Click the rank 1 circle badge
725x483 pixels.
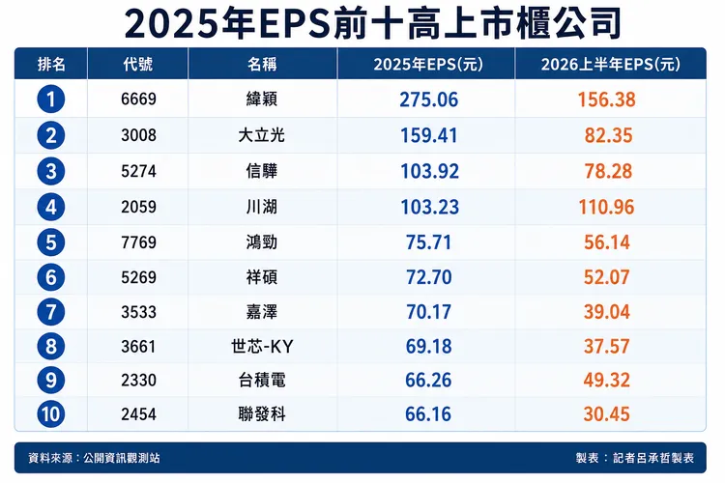[51, 99]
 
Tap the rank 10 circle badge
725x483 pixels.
[51, 413]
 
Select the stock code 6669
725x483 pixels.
[138, 99]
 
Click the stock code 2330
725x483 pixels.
[138, 380]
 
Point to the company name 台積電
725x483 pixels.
[262, 380]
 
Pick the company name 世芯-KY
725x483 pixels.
[262, 346]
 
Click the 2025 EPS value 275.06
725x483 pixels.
[428, 99]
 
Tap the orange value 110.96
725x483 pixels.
[607, 207]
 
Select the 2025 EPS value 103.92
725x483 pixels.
[429, 172]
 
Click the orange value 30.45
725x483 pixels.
[607, 414]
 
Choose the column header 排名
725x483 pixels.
[51, 64]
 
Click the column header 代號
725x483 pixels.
[138, 64]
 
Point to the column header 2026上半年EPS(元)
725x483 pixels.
[610, 65]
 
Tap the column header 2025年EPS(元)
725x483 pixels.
[428, 65]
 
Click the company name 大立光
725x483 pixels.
[262, 135]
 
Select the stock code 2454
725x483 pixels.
[138, 413]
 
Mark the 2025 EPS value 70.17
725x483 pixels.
[428, 312]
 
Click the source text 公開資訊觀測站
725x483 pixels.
[122, 458]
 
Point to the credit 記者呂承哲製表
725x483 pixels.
[653, 458]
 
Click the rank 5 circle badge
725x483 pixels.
[51, 242]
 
